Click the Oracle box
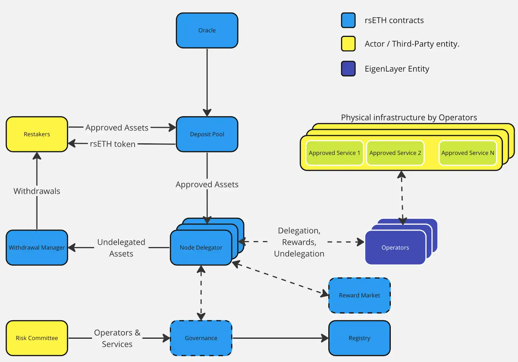coord(207,30)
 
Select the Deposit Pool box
coord(207,134)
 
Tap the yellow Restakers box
coord(37,134)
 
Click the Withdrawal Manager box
coord(37,247)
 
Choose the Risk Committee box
coord(37,338)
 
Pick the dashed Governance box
coord(201,338)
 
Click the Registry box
coord(359,338)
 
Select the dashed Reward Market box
coord(359,295)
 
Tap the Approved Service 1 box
coord(334,153)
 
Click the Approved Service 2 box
coord(395,153)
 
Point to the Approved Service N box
coord(467,153)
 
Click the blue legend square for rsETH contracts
coord(348,20)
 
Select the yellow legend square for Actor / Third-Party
coord(348,44)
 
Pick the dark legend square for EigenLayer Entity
coord(348,69)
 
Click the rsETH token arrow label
coord(113,144)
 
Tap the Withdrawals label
coord(37,191)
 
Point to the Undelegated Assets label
coord(121,248)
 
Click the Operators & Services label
coord(117,338)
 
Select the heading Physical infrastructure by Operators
coord(409,117)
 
